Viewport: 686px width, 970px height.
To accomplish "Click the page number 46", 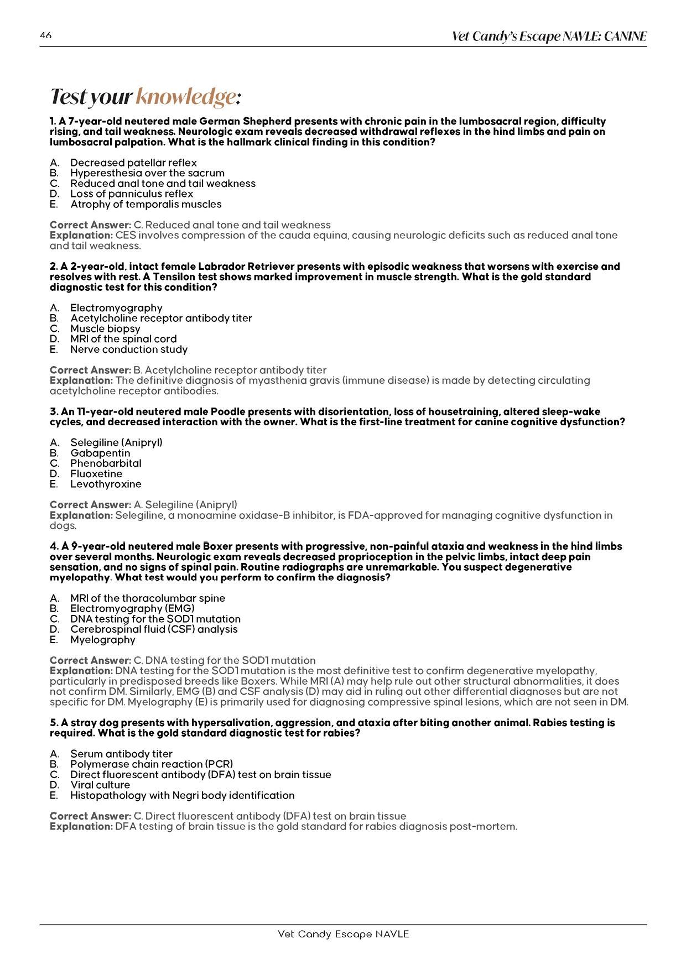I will [x=46, y=36].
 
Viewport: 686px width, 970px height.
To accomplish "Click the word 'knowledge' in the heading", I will [x=186, y=97].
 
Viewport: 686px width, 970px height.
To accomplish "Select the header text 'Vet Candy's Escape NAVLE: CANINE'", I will [x=549, y=36].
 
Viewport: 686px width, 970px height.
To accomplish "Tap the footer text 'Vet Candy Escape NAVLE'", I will [x=343, y=934].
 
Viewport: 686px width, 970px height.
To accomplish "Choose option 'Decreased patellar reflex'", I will [x=133, y=163].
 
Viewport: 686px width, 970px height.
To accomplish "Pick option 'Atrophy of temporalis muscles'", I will [x=145, y=204].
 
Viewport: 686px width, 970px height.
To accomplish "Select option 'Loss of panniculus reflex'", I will [x=132, y=194].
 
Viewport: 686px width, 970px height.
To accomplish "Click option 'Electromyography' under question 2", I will [x=116, y=308].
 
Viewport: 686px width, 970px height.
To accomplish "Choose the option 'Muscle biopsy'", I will [x=105, y=328].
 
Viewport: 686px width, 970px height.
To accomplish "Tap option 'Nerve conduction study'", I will [x=129, y=350].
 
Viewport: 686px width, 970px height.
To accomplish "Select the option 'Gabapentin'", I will [x=100, y=453].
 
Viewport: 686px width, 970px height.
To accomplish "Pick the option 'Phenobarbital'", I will [x=106, y=463].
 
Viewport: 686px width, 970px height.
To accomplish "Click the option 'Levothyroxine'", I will [x=106, y=484].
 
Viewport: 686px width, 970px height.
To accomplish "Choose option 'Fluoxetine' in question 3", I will [x=96, y=474].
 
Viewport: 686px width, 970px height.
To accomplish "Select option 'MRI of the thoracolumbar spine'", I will [x=148, y=598].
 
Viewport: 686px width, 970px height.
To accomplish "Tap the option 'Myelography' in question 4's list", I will [x=103, y=640].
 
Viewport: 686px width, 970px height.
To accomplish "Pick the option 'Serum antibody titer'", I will [x=121, y=754].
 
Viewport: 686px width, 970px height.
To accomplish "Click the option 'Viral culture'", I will [x=100, y=785].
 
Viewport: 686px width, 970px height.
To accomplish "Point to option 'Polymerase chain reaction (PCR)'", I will [x=152, y=764].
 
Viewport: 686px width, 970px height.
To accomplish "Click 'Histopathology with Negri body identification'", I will [x=182, y=795].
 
